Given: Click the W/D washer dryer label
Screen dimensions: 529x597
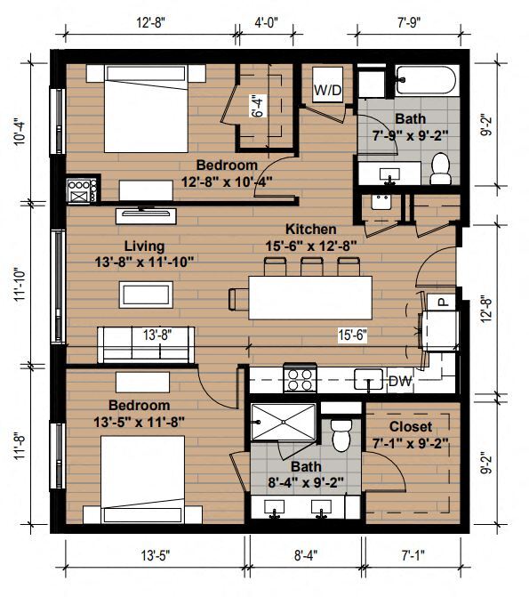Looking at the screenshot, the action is coord(328,90).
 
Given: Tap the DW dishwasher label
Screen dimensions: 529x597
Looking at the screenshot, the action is coord(400,381).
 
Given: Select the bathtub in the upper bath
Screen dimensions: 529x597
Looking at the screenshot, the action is coord(426,80).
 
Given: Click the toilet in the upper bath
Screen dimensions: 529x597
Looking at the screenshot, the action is coord(441,169).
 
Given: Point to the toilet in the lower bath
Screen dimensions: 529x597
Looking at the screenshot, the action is coord(341,436).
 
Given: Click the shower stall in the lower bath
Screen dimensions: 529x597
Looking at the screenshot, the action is coord(283,423).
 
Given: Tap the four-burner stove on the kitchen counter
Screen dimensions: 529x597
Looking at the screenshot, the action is coord(300,378).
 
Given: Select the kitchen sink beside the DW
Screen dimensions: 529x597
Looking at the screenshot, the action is coord(368,379).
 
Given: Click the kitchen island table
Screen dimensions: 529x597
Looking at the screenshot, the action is coord(310,298).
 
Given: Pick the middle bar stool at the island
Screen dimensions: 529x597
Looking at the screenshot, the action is coord(312,266).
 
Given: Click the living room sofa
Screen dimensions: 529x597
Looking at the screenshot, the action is coord(146,344).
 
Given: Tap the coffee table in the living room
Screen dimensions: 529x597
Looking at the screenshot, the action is coord(146,294).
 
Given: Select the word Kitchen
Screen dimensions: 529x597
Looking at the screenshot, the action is coord(311,230).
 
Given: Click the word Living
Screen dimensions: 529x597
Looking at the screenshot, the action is coord(145,246).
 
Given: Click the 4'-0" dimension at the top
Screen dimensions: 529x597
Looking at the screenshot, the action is coord(267,23).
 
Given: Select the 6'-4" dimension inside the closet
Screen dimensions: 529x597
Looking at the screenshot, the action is coord(258,106).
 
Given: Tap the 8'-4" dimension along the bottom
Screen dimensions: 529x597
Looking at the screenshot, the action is coord(306,555).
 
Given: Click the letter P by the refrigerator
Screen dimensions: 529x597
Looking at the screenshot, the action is coord(442,302).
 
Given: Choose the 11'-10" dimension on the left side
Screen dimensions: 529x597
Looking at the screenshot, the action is coord(20,286).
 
